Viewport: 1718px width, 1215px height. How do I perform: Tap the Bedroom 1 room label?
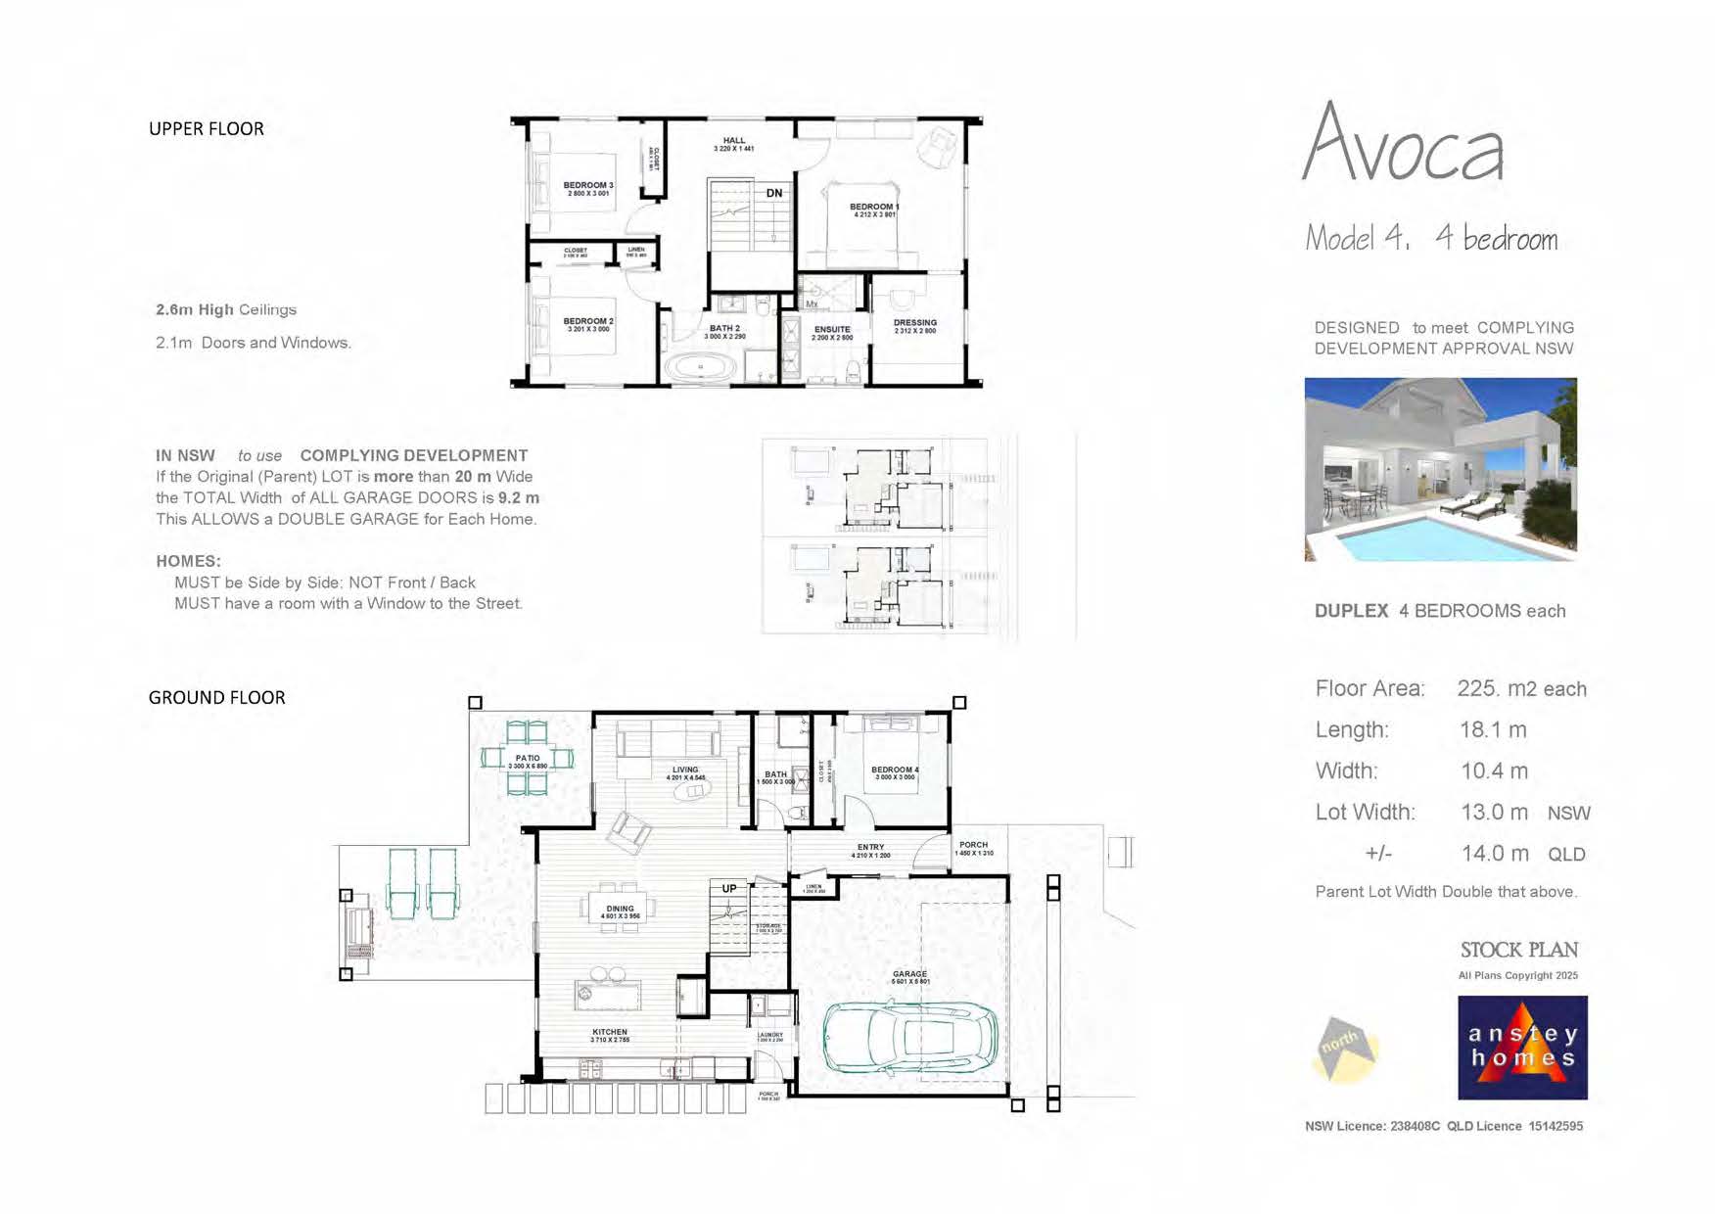pyautogui.click(x=873, y=208)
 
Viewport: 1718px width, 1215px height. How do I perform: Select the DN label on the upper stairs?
pyautogui.click(x=774, y=193)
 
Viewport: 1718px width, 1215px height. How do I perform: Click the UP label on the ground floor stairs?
pyautogui.click(x=729, y=889)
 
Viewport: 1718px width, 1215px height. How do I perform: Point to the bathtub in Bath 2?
pyautogui.click(x=701, y=368)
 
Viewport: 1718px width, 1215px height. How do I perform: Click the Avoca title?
pyautogui.click(x=1403, y=145)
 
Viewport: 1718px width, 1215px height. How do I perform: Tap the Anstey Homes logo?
pyautogui.click(x=1522, y=1048)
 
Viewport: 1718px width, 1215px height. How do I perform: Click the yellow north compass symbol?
pyautogui.click(x=1345, y=1049)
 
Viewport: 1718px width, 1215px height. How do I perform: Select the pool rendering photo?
pyautogui.click(x=1440, y=469)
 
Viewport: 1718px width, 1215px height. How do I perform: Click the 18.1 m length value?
pyautogui.click(x=1493, y=729)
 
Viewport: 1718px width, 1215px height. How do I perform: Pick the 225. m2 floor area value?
pyautogui.click(x=1520, y=688)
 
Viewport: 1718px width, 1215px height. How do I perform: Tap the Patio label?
pyautogui.click(x=528, y=759)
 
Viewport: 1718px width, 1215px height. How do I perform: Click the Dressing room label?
pyautogui.click(x=915, y=323)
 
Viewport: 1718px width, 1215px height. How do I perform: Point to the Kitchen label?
pyautogui.click(x=610, y=1032)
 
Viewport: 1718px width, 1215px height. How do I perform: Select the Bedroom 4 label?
pyautogui.click(x=895, y=771)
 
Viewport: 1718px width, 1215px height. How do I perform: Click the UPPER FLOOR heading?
pyautogui.click(x=206, y=129)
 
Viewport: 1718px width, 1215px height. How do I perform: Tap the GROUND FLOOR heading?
pyautogui.click(x=216, y=697)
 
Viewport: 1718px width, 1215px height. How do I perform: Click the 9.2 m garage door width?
pyautogui.click(x=518, y=497)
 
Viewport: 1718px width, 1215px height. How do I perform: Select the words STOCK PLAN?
pyautogui.click(x=1518, y=950)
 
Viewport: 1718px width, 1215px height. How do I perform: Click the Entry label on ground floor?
pyautogui.click(x=870, y=847)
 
